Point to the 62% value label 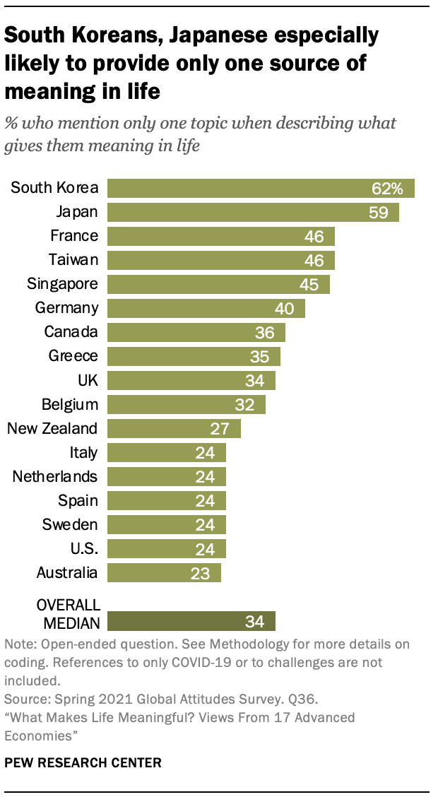388,188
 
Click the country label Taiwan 73,260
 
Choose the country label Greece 73,356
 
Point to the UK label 88,380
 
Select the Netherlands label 55,476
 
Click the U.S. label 84,548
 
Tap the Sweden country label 71,524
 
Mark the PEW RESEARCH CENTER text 83,762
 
